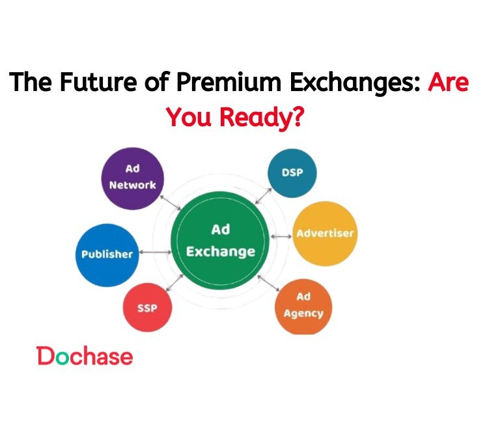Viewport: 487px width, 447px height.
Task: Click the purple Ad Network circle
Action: click(x=133, y=176)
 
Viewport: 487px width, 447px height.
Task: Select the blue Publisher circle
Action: click(x=107, y=254)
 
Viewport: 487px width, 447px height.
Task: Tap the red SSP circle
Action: click(x=148, y=307)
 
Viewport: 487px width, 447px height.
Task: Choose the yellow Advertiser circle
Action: click(x=326, y=234)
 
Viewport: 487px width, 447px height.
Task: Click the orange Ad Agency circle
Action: click(x=303, y=306)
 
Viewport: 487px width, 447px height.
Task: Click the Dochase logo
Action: click(x=85, y=356)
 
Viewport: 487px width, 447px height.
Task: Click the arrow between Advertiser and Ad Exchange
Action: click(x=281, y=236)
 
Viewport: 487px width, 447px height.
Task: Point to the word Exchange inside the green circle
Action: click(x=221, y=251)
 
